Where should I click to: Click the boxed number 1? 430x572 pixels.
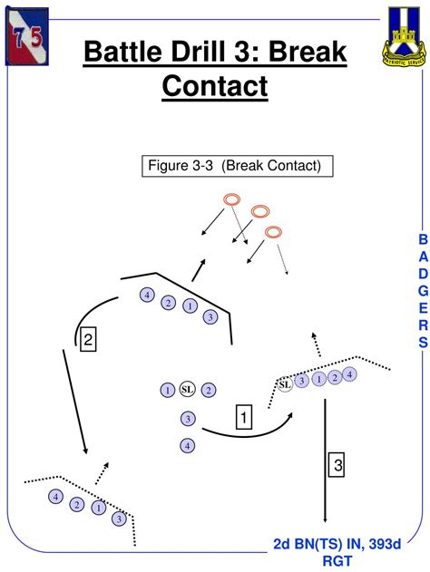243,417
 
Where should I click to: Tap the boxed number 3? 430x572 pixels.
337,465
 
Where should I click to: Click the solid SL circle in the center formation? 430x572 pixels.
188,390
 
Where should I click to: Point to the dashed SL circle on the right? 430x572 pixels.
285,384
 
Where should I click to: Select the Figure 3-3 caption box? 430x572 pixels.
238,166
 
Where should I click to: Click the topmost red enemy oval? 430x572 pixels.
231,199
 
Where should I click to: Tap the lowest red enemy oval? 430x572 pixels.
273,233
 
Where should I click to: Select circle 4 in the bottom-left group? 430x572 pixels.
55,497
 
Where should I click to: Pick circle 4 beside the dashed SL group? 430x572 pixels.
350,373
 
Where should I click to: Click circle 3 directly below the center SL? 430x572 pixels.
188,418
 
